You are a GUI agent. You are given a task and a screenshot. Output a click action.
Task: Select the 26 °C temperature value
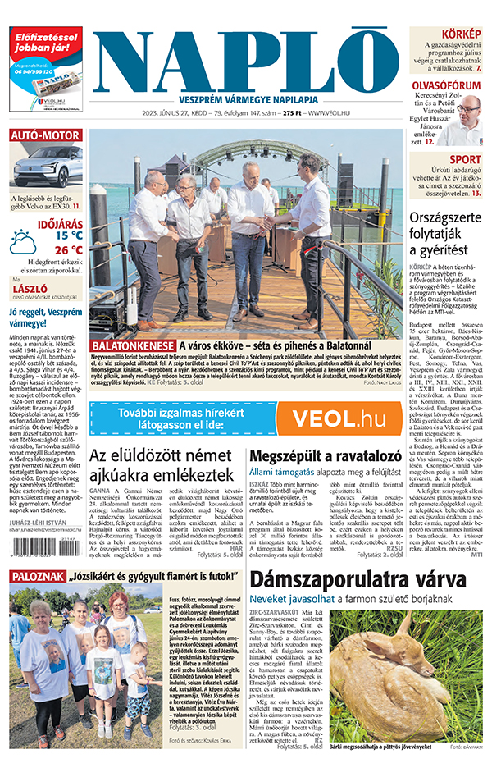pyautogui.click(x=68, y=249)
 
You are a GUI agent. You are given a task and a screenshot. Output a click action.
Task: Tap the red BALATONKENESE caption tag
pyautogui.click(x=131, y=346)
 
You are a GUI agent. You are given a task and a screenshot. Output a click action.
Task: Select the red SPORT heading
pyautogui.click(x=465, y=160)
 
